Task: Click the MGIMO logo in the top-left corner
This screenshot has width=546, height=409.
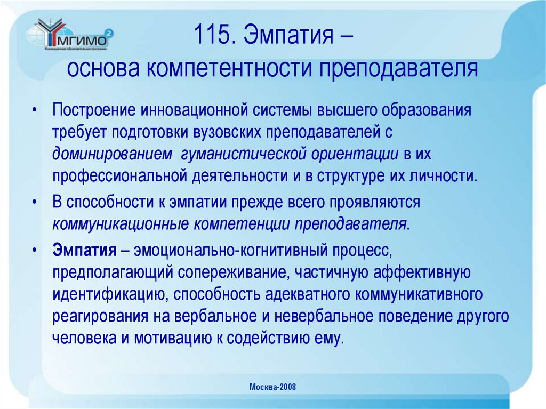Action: (x=69, y=37)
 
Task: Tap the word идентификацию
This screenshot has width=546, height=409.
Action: (x=109, y=294)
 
